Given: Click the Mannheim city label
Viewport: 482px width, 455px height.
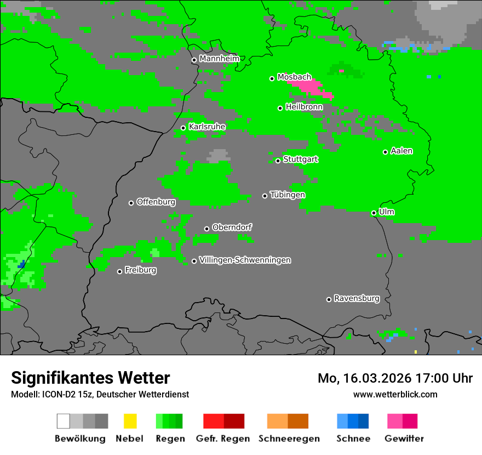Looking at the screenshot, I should [219, 59].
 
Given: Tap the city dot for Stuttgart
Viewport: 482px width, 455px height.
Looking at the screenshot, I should [278, 161].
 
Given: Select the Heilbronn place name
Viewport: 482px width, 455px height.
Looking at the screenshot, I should [304, 107].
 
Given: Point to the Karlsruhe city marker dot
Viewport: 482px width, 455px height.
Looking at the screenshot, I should [183, 128].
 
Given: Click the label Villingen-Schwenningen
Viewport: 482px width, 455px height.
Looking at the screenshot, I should [245, 260].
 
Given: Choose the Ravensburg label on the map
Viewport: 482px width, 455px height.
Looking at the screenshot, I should [357, 298].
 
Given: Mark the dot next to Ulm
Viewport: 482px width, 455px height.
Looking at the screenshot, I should [374, 213].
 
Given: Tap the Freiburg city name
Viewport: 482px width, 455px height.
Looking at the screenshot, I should [140, 270].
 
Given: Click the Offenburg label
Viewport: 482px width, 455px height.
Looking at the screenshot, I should [156, 202].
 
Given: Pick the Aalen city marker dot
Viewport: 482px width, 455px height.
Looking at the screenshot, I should [385, 152].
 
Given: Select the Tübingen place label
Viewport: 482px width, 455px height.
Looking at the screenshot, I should [288, 195].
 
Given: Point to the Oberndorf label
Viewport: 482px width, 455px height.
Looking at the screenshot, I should [232, 227].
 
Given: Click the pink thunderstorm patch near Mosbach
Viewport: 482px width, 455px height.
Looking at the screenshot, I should [312, 87].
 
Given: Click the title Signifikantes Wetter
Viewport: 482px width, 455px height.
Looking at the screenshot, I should [90, 378].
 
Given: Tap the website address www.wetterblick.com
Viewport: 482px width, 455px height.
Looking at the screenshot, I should [395, 394].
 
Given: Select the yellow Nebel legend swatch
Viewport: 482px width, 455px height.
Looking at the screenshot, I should [130, 421].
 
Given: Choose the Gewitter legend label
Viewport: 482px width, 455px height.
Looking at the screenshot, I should [404, 439].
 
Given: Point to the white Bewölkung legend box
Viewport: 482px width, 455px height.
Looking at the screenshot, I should [64, 421].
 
